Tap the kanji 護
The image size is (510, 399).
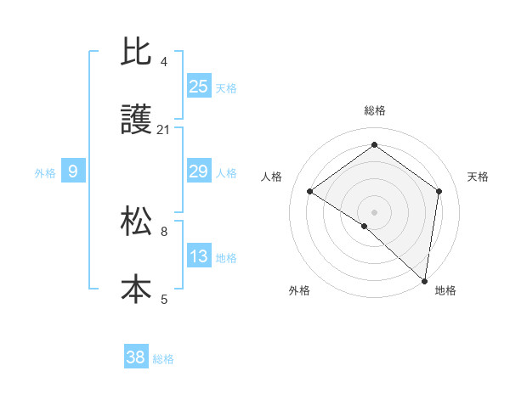pos(136,121)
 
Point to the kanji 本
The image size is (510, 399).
pos(136,289)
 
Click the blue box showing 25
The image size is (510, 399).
pos(199,86)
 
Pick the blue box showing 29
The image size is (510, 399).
pos(199,171)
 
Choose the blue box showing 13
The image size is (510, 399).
pos(199,256)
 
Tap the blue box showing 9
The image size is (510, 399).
pos(73,171)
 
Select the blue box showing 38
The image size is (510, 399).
pos(136,357)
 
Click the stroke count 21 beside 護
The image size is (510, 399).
pos(163,130)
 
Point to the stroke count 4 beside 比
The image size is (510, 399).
pos(163,62)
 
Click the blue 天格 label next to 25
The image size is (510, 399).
pos(226,87)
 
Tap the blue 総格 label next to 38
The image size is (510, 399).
pos(163,359)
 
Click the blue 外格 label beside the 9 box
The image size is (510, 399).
pos(45,173)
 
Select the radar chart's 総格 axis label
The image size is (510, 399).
pos(374,110)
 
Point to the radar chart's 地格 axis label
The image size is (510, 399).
pos(445,290)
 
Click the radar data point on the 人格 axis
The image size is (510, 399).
pos(310,192)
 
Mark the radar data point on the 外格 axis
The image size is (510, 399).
pos(365,226)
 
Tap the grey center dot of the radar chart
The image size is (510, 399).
pos(374,211)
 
